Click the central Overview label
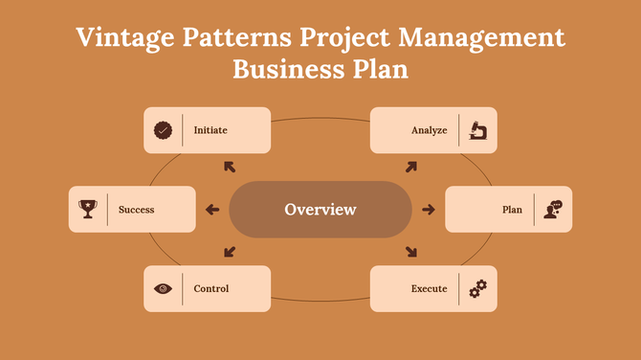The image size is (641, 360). [320, 209]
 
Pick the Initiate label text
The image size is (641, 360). [210, 130]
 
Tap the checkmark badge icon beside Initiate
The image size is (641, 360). [164, 130]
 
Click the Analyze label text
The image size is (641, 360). [429, 130]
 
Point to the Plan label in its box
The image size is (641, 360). [512, 209]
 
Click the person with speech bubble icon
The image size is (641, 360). [553, 209]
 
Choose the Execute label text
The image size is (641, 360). [429, 288]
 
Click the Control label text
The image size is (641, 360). [210, 288]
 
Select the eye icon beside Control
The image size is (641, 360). [164, 288]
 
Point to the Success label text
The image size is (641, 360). [136, 209]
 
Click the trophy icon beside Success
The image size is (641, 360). [88, 209]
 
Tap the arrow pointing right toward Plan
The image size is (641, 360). [428, 210]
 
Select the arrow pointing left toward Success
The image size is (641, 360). [212, 210]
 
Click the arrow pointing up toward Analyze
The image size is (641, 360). [411, 167]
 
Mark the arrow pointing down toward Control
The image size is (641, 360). [230, 253]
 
